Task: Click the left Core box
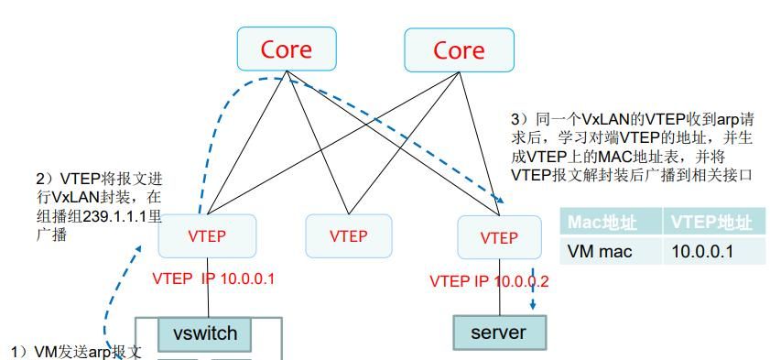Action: [x=287, y=49]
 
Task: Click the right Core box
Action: [x=458, y=49]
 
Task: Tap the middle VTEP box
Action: [x=348, y=236]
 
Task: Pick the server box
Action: [x=499, y=333]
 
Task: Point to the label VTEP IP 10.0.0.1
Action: [x=213, y=278]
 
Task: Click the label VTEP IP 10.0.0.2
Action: [x=489, y=281]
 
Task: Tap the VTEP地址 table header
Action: [x=713, y=222]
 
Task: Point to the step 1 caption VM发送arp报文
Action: [x=76, y=352]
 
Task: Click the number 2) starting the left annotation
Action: [x=41, y=178]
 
